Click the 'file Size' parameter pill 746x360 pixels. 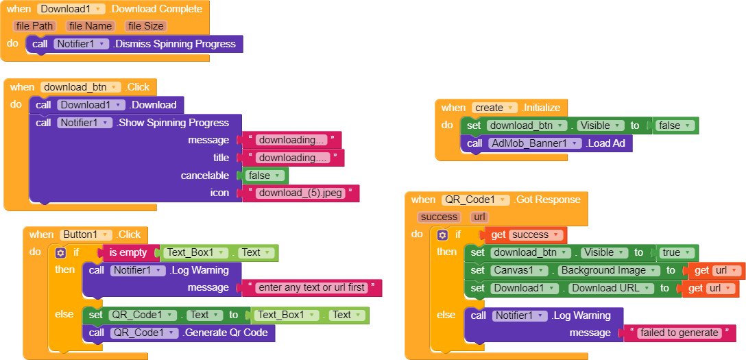(145, 26)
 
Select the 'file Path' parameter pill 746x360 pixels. (34, 26)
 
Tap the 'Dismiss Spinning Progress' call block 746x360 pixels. (174, 44)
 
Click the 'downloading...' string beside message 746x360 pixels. (292, 140)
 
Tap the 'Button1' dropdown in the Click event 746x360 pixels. (87, 235)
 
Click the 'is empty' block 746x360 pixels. (128, 252)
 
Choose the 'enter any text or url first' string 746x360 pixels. (311, 287)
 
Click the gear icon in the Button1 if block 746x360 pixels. (60, 253)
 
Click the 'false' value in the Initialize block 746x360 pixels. (673, 125)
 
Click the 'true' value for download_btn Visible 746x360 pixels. (675, 252)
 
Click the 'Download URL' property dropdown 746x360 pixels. (610, 288)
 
